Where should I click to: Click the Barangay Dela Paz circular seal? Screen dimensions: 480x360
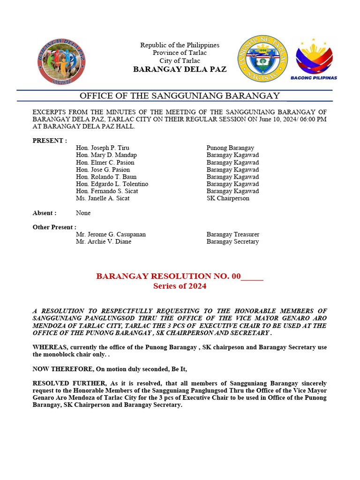61,61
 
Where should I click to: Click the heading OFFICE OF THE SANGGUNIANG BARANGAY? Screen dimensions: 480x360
180,96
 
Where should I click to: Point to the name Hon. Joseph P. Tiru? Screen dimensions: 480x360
103,148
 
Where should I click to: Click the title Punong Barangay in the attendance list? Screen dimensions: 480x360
230,148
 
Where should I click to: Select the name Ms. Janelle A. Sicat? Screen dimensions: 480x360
103,198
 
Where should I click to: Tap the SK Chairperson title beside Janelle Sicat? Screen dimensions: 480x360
228,198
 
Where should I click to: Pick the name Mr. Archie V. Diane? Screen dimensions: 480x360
104,242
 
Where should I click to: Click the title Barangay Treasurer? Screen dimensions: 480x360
232,234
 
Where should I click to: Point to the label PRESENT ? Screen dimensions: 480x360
50,141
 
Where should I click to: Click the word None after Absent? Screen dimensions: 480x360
83,213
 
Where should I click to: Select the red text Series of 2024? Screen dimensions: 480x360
180,286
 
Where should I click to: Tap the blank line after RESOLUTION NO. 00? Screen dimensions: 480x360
252,277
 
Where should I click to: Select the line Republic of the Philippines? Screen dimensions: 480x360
180,45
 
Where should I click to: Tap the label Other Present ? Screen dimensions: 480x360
54,227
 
